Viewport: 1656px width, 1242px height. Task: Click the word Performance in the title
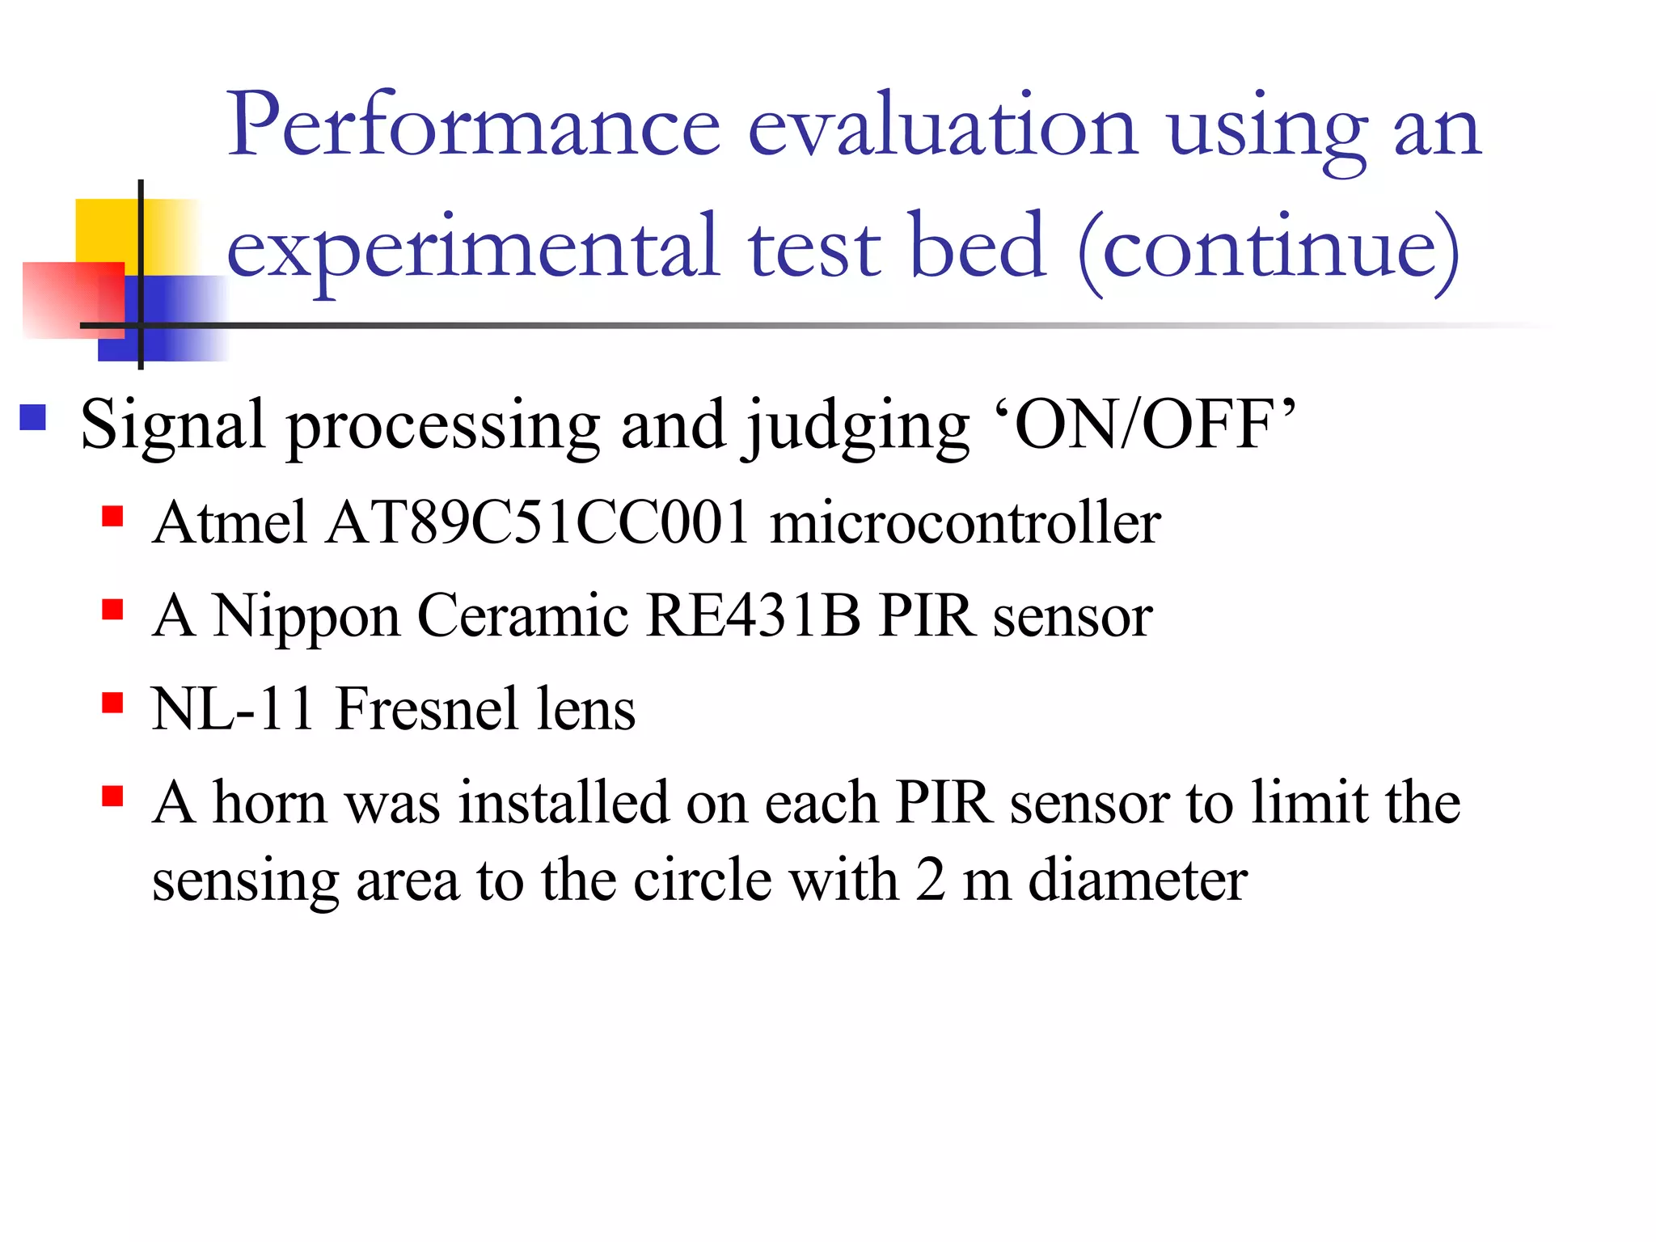pos(473,126)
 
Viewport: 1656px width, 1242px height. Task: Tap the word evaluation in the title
pos(942,126)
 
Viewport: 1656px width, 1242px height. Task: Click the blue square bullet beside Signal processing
pos(33,417)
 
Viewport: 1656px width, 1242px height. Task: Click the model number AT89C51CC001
pos(539,522)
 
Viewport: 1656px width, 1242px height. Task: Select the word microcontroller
pos(965,522)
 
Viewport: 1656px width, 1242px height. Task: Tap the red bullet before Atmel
pos(112,516)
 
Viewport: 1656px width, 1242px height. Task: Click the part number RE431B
pos(753,616)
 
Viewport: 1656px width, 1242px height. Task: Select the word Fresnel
pos(425,708)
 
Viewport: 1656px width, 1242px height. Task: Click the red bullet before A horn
pos(112,796)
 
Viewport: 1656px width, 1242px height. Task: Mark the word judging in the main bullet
pos(856,427)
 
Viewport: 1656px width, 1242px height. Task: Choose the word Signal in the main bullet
pos(173,427)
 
